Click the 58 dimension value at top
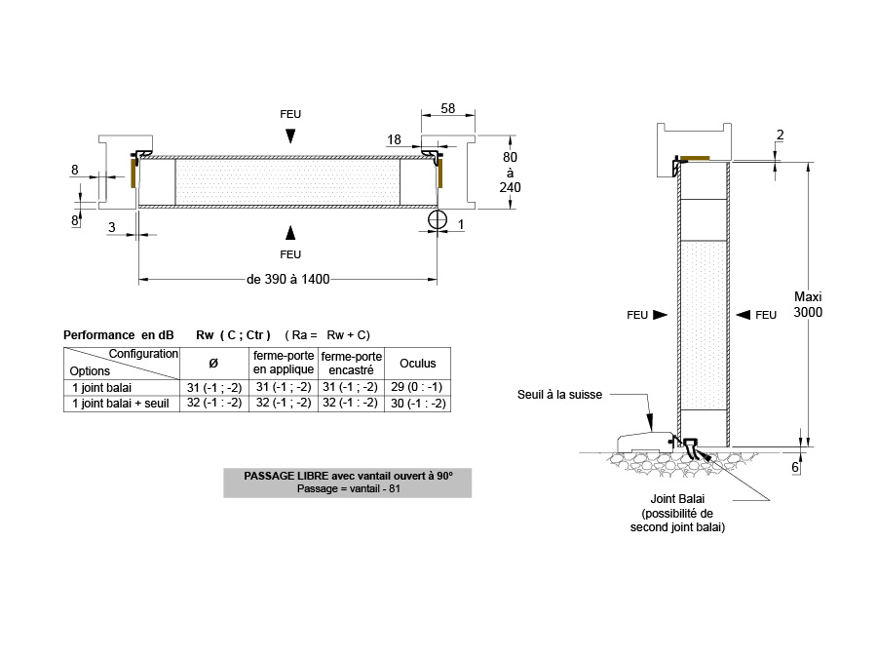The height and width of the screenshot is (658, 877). [x=448, y=108]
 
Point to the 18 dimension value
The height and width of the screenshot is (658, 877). [x=394, y=139]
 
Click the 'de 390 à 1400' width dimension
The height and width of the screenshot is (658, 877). [x=288, y=279]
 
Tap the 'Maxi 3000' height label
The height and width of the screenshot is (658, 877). [x=808, y=304]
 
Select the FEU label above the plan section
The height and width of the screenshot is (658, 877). [x=290, y=114]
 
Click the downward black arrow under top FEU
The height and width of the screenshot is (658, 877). [x=290, y=135]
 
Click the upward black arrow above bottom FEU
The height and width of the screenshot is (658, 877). [x=290, y=232]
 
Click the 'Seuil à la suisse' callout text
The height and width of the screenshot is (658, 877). [x=560, y=395]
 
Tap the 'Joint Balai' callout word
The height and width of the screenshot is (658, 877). [x=677, y=498]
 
